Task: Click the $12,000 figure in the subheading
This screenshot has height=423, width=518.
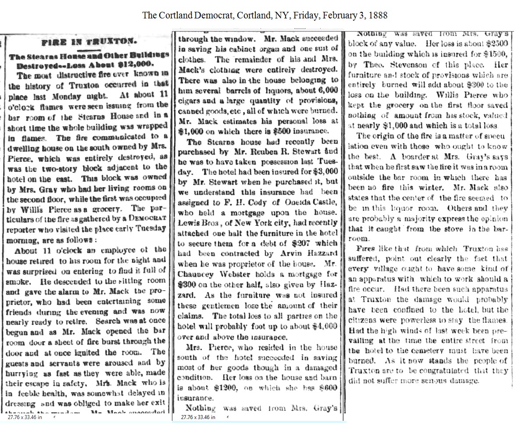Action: tap(132, 63)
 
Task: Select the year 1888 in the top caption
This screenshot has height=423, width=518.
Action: tap(378, 15)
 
